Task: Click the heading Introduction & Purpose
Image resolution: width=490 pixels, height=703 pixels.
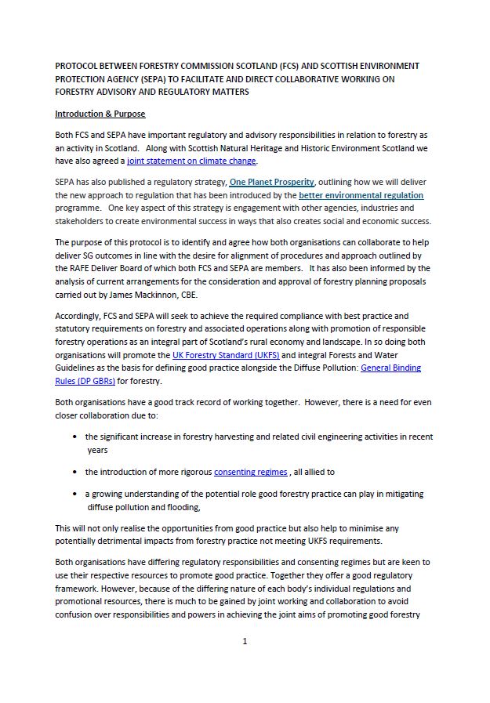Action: (x=100, y=114)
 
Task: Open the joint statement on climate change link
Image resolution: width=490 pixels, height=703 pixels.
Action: (x=191, y=161)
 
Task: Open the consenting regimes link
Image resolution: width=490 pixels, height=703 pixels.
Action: (x=251, y=472)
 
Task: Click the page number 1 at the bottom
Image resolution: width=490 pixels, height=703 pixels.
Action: (x=245, y=641)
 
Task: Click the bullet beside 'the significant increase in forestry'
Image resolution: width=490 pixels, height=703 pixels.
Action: (x=74, y=437)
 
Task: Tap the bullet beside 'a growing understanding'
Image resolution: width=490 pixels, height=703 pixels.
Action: (x=74, y=495)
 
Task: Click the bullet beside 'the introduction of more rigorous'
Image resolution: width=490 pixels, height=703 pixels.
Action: (x=74, y=472)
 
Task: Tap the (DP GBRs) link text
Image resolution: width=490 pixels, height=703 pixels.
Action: (x=93, y=380)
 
